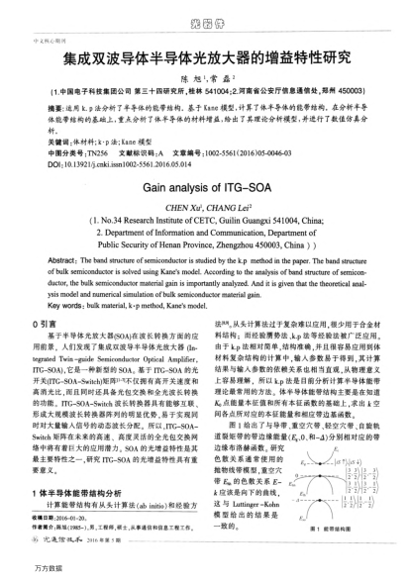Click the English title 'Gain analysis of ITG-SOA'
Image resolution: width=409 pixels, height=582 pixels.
click(204, 185)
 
